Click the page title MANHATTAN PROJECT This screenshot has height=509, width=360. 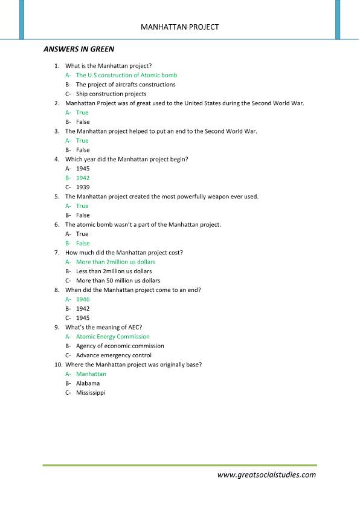[179, 27]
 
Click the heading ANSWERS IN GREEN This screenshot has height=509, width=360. [79, 49]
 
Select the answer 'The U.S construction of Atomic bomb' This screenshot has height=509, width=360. [126, 76]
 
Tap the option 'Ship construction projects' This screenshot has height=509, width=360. [111, 94]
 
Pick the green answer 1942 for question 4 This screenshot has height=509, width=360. [83, 178]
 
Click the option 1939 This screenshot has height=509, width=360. [83, 187]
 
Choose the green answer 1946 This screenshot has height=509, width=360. [83, 299]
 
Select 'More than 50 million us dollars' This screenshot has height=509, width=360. [118, 280]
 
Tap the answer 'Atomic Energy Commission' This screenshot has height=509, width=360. [112, 337]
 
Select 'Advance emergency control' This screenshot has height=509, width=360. [114, 355]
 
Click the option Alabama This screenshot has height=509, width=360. [88, 383]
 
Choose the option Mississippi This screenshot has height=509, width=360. [91, 393]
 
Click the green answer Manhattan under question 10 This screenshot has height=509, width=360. [91, 374]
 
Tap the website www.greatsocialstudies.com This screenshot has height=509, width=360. [266, 475]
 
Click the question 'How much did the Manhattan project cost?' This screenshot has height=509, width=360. [124, 253]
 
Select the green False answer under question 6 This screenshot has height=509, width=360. [83, 244]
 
